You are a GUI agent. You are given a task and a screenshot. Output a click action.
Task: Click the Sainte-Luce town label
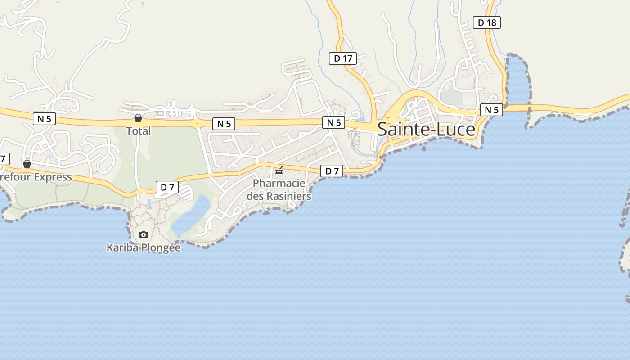pos(426,130)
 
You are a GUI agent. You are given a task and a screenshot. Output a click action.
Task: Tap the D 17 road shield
pos(343,58)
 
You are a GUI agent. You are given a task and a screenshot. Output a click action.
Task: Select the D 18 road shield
pos(487,22)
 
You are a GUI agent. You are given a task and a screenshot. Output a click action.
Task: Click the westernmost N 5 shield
pos(44,119)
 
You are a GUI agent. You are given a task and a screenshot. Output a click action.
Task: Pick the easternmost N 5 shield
pos(491,110)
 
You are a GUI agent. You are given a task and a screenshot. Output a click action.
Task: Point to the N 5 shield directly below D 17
pos(333,122)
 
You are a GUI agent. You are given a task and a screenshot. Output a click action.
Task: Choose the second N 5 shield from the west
pos(224,124)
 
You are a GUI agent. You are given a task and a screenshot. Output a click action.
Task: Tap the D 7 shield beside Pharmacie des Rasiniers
pos(332,171)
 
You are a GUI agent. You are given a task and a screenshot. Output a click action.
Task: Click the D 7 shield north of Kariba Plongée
pos(167,187)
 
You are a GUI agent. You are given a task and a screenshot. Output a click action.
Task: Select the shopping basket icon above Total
pos(138,118)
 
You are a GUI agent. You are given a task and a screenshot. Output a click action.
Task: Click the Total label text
pos(138,131)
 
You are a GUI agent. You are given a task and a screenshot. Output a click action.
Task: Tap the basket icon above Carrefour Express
pos(27,163)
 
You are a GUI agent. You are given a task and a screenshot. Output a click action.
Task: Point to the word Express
pos(53,177)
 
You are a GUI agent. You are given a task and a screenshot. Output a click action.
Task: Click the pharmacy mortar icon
pos(279,170)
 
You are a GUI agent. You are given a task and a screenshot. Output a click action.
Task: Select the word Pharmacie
pos(279,184)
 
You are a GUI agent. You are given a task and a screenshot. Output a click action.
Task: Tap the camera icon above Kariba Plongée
pos(144,234)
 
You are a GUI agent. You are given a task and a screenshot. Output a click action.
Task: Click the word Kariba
pos(122,247)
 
